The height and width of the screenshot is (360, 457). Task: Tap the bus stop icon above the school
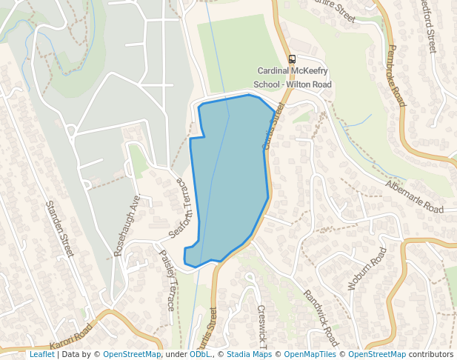coord(293,59)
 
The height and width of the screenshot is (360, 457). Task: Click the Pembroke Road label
coord(396,75)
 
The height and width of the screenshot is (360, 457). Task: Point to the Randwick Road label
coord(321,318)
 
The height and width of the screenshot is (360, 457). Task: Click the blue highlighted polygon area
coord(230,178)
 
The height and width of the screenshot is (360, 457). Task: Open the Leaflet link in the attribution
coord(41,355)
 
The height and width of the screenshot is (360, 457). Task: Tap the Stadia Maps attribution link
coord(249,355)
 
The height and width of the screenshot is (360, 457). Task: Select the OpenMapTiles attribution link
coord(310,355)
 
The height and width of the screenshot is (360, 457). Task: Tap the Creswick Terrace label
coord(261,326)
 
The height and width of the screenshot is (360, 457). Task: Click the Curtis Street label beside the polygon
coord(273,126)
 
